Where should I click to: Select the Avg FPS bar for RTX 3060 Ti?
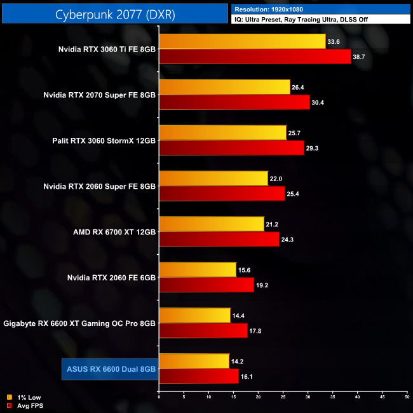click(x=255, y=57)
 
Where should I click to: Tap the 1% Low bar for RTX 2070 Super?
click(x=224, y=87)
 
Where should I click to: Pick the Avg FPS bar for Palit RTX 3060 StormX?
click(x=231, y=148)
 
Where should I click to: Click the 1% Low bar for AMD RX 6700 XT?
click(x=212, y=224)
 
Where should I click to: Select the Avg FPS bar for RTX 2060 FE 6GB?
click(x=207, y=285)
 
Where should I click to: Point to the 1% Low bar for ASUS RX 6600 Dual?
click(x=194, y=361)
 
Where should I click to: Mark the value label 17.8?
click(x=256, y=331)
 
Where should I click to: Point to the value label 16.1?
click(x=248, y=377)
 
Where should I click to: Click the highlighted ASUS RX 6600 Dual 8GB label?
click(x=109, y=369)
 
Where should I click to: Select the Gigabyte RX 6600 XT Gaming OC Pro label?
click(x=79, y=323)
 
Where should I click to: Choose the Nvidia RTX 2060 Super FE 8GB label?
click(x=99, y=186)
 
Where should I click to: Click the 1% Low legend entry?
click(x=25, y=397)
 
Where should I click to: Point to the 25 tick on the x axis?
click(x=283, y=398)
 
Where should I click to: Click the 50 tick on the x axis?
click(x=407, y=398)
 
